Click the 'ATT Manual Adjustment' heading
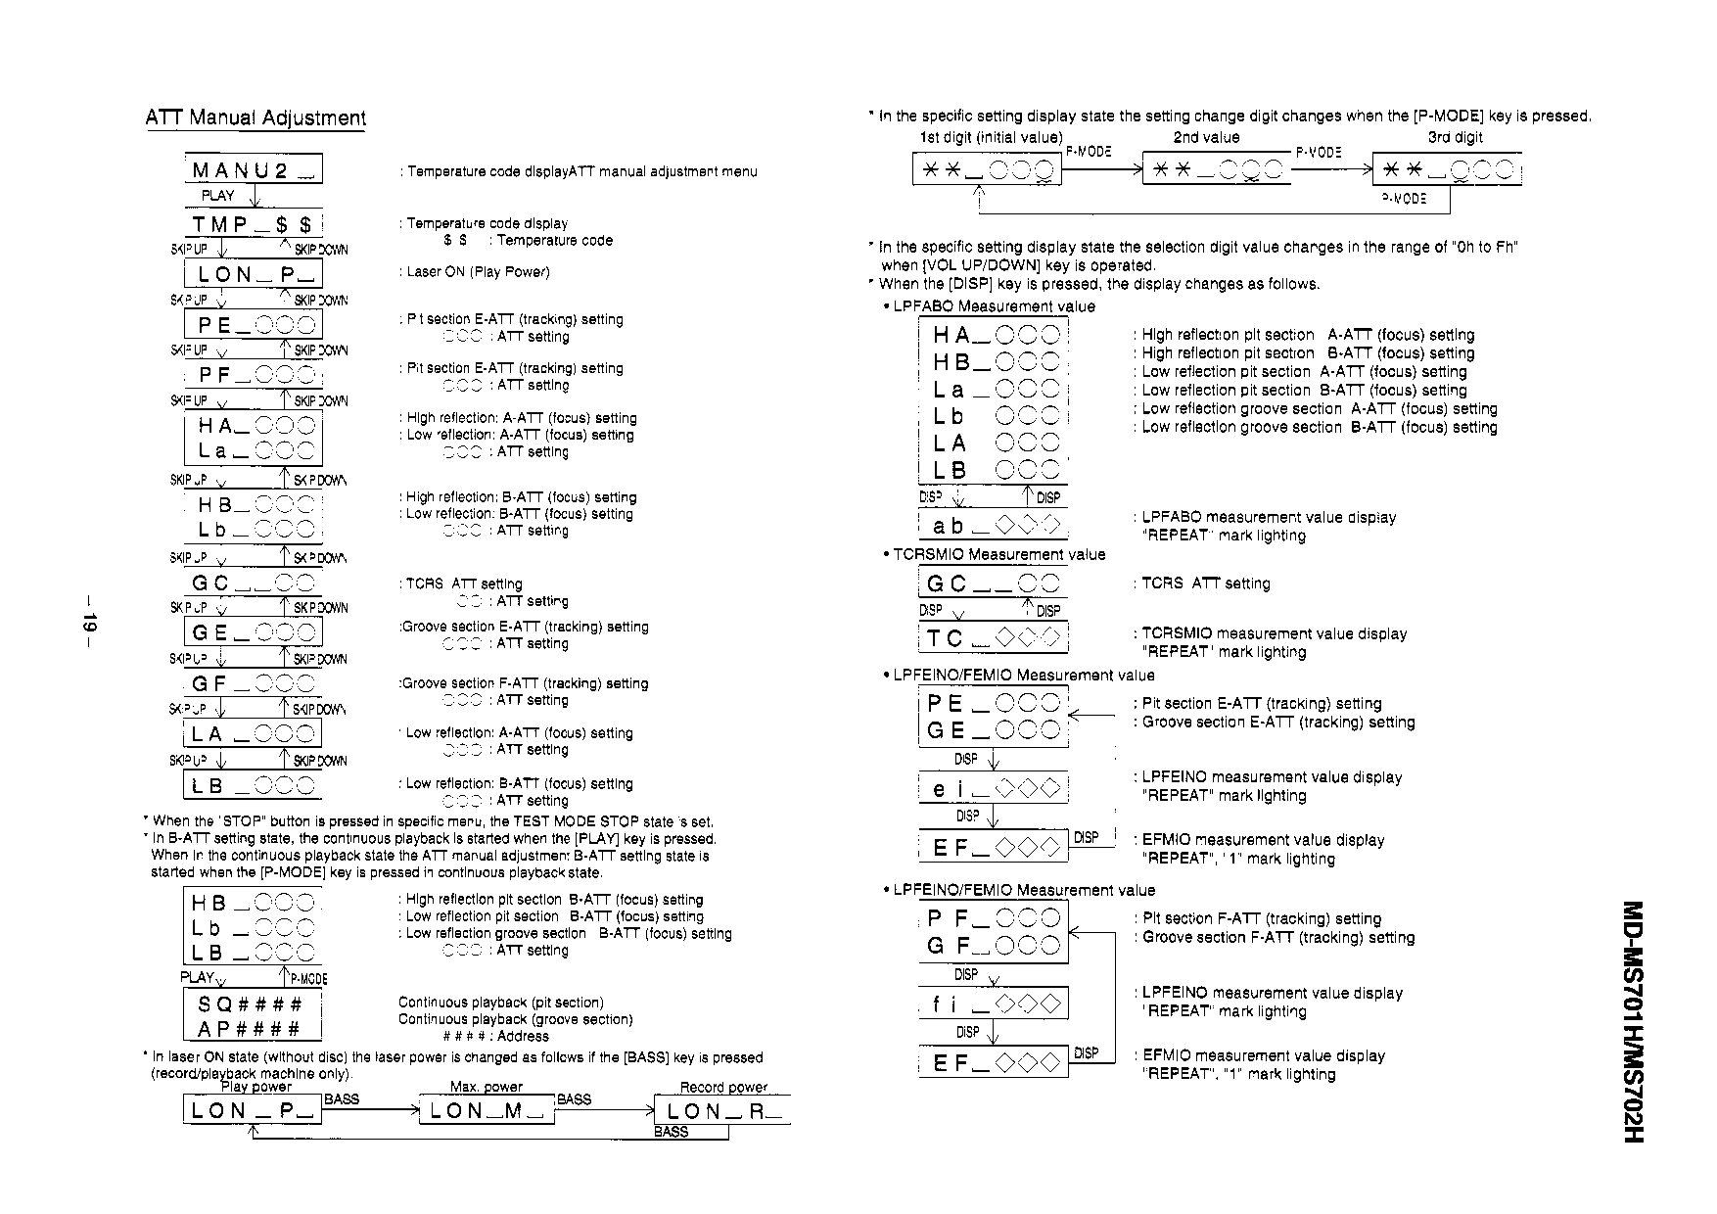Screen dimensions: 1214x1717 [255, 118]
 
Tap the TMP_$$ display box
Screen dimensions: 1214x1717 [253, 225]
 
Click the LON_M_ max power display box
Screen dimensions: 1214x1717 [487, 1110]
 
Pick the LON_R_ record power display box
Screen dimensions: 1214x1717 [725, 1110]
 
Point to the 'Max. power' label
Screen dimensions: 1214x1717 [487, 1087]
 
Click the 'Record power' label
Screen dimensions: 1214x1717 [723, 1087]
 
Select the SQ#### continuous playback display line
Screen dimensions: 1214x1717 [251, 1004]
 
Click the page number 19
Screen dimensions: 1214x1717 [89, 624]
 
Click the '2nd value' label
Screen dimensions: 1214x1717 [1206, 138]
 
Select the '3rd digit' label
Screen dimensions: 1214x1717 [1455, 138]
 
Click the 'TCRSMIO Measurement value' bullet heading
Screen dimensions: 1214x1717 [998, 555]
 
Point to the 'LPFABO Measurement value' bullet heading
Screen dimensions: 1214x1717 [994, 306]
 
